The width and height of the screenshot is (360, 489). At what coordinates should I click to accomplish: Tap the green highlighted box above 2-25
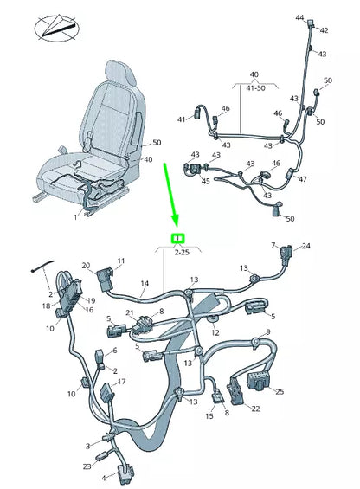click(x=177, y=239)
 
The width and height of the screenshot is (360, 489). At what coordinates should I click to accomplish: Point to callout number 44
click(x=299, y=17)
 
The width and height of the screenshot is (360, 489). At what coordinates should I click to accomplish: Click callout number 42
click(x=325, y=30)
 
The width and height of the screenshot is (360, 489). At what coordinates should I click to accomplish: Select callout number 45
click(x=206, y=182)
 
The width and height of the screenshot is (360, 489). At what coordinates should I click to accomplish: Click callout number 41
click(x=182, y=119)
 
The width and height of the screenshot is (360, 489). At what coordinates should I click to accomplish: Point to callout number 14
click(x=145, y=283)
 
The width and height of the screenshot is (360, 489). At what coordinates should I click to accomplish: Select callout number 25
click(x=279, y=392)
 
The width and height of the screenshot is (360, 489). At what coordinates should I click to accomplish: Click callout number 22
click(x=254, y=409)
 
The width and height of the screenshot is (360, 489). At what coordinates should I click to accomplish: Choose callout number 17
click(x=121, y=382)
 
